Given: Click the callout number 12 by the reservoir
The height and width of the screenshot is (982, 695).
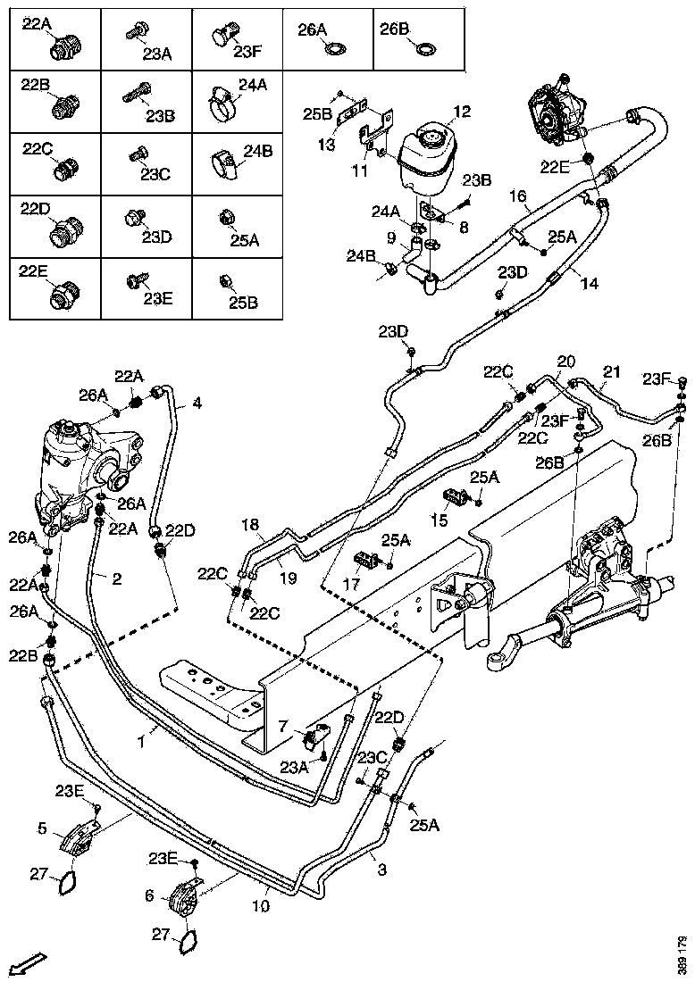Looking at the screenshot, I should (461, 112).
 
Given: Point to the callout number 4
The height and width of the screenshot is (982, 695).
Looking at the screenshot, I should (197, 404).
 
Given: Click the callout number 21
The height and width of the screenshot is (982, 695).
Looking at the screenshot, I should (611, 371).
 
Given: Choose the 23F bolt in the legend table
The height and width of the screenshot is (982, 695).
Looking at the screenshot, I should (222, 36).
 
